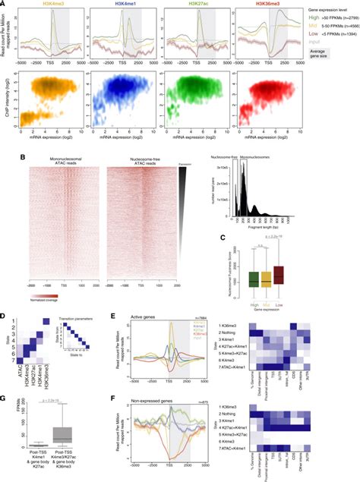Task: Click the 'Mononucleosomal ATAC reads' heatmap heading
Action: click(x=62, y=161)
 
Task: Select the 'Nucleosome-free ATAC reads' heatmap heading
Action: click(x=141, y=161)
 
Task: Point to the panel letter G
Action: click(x=6, y=395)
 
